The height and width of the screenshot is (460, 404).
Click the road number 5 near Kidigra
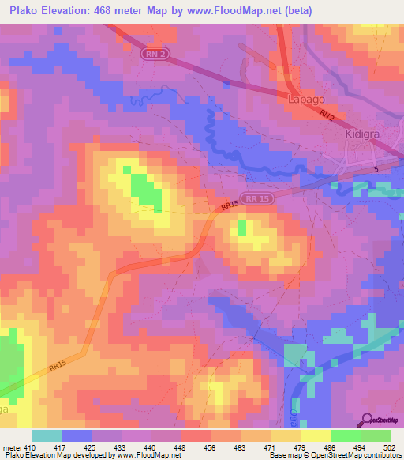376,170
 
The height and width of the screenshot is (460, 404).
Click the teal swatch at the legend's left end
47,435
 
